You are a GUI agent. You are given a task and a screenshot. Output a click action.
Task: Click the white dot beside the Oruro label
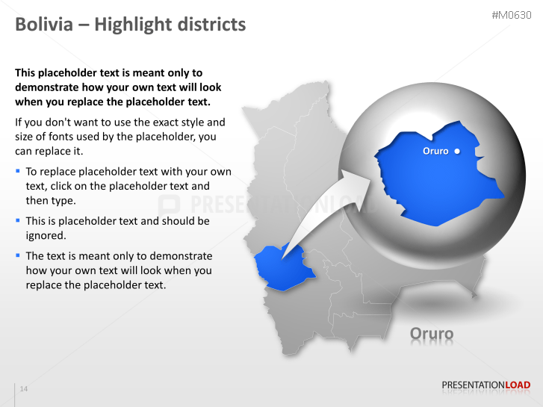click(457, 151)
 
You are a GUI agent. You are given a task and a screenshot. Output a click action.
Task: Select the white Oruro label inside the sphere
click(435, 151)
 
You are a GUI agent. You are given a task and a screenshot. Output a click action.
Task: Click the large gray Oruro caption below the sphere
click(432, 333)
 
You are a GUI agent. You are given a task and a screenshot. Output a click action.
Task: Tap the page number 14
click(24, 389)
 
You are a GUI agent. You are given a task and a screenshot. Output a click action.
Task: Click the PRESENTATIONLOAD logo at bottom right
click(485, 385)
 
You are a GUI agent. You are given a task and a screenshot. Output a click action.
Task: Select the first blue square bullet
click(18, 171)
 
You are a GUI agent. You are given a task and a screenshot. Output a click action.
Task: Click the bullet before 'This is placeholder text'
click(18, 220)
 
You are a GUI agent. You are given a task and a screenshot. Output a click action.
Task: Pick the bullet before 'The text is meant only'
click(18, 255)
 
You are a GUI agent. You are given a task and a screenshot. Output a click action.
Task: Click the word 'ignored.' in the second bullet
click(46, 236)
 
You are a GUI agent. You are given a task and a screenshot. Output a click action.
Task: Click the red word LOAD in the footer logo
click(518, 385)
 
